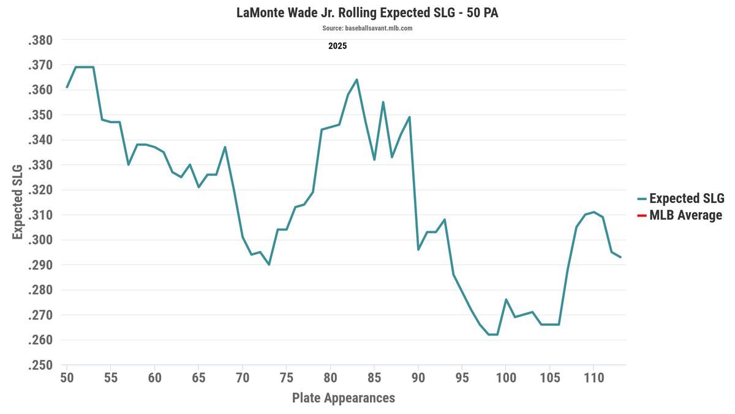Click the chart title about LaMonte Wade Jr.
point(367,13)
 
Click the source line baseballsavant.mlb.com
point(367,28)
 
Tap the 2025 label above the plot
point(337,45)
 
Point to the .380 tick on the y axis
point(40,40)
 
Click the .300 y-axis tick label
point(40,240)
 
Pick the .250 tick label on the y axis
point(40,366)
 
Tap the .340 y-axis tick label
point(40,140)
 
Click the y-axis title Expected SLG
point(18,202)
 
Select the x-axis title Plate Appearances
point(344,398)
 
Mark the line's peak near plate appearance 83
point(356,80)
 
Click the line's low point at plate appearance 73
point(269,264)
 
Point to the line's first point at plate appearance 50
point(67,87)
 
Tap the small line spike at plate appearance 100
point(506,299)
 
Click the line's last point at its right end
point(620,257)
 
